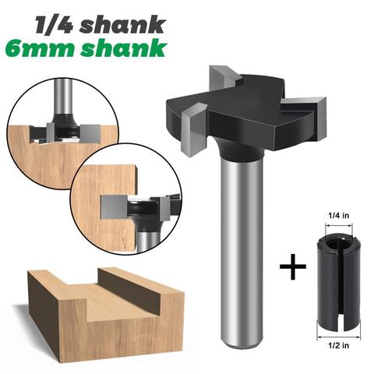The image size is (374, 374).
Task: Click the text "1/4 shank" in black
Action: click(101, 25)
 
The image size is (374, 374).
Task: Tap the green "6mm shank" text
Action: click(86, 48)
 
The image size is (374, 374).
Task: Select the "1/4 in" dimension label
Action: click(339, 215)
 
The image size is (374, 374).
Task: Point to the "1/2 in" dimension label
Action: click(339, 345)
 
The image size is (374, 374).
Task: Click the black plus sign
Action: click(293, 266)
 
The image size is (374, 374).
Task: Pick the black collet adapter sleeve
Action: click(339, 281)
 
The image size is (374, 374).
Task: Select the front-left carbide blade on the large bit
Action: click(194, 130)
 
